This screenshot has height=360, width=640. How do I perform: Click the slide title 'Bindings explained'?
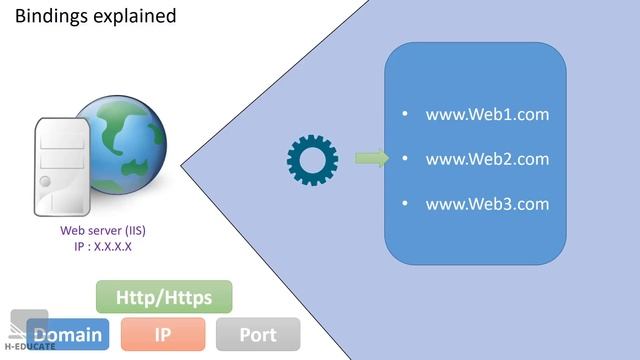[96, 16]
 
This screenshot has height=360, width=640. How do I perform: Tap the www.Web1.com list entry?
[487, 114]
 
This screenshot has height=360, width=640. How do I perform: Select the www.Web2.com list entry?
[487, 159]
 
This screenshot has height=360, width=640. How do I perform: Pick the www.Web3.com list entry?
[487, 204]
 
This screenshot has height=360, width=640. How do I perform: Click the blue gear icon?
[312, 158]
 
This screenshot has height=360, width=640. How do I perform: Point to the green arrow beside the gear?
[371, 158]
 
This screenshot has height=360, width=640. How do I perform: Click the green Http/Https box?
[164, 297]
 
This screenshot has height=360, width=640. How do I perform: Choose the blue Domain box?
[68, 334]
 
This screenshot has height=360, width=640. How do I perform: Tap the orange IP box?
[162, 334]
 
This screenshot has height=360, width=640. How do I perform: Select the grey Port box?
[257, 334]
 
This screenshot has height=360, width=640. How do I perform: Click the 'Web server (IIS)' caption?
[103, 231]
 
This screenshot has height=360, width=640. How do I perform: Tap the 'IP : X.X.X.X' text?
[103, 245]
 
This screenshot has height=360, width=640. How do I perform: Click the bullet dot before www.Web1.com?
[405, 114]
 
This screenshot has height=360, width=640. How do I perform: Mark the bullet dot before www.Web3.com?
[405, 204]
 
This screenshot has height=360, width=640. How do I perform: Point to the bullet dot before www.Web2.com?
[405, 159]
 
